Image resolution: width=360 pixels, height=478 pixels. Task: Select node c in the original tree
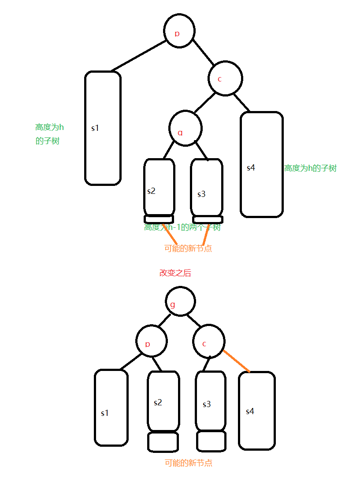pyautogui.click(x=225, y=79)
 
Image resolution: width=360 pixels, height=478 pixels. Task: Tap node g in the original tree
pyautogui.click(x=186, y=129)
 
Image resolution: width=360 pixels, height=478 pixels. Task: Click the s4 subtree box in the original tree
pyautogui.click(x=262, y=164)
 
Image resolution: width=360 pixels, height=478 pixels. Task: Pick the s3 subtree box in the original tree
pyautogui.click(x=207, y=187)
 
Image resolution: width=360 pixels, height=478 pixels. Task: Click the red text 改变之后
pyautogui.click(x=175, y=273)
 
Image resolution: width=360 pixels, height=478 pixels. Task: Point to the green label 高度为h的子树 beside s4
pyautogui.click(x=310, y=168)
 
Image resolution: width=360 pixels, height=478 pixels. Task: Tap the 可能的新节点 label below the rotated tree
pyautogui.click(x=189, y=463)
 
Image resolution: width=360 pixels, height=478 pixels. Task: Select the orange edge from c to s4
pyautogui.click(x=237, y=361)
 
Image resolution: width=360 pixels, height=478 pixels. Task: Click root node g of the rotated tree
pyautogui.click(x=180, y=301)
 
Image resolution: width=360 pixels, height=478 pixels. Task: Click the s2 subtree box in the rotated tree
pyautogui.click(x=163, y=401)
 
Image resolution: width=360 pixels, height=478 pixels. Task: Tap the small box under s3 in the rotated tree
pyautogui.click(x=212, y=441)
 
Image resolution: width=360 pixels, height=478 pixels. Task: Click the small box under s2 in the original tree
pyautogui.click(x=159, y=219)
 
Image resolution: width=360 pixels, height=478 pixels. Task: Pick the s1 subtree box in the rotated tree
pyautogui.click(x=111, y=408)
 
